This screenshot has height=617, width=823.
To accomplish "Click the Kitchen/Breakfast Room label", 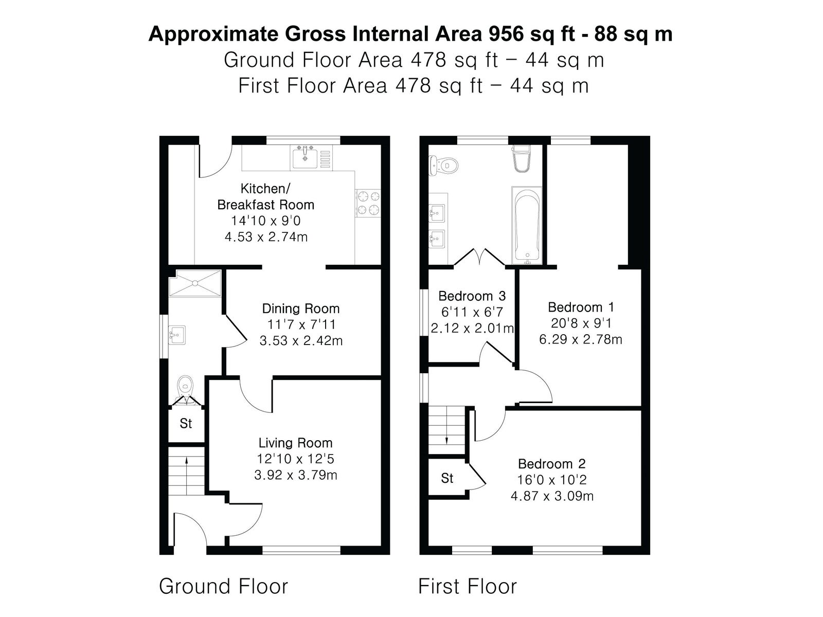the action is (x=265, y=197).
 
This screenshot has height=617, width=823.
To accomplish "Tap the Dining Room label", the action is (x=301, y=308).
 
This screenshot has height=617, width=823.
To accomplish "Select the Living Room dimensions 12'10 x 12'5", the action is (x=295, y=459).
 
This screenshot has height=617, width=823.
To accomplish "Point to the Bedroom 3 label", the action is (x=472, y=296).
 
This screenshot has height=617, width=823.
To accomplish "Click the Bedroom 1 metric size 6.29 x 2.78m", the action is (x=581, y=340).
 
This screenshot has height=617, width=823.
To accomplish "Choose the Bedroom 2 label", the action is (x=552, y=464).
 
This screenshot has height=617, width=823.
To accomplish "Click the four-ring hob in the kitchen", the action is (x=368, y=203).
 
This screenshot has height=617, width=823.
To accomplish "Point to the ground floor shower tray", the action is (x=195, y=284).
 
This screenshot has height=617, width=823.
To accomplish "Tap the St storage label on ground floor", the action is (x=186, y=424).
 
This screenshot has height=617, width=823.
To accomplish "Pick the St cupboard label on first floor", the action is (x=447, y=478).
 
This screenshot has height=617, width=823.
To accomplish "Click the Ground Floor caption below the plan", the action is (x=223, y=586).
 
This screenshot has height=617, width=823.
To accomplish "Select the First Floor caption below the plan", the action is (x=468, y=586).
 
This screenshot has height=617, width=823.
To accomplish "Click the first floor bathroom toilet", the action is (x=444, y=165).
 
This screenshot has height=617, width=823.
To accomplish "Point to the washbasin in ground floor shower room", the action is (x=177, y=335).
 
